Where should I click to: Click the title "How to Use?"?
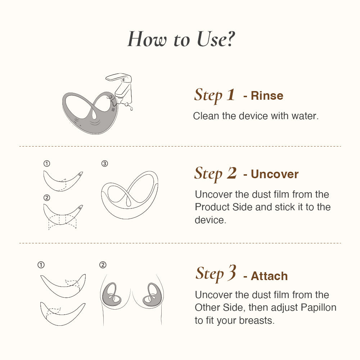point(181,39)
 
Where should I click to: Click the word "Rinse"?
point(267,96)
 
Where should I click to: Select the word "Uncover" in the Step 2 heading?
point(275,174)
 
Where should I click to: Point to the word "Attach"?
point(269,276)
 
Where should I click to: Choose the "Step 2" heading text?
point(215,174)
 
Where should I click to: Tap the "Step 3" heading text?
point(216,274)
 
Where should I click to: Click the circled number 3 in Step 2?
point(104,164)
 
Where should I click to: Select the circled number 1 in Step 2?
point(46,164)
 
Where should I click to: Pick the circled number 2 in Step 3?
point(103,265)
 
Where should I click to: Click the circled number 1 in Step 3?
point(41,265)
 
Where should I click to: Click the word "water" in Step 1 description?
point(305,116)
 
